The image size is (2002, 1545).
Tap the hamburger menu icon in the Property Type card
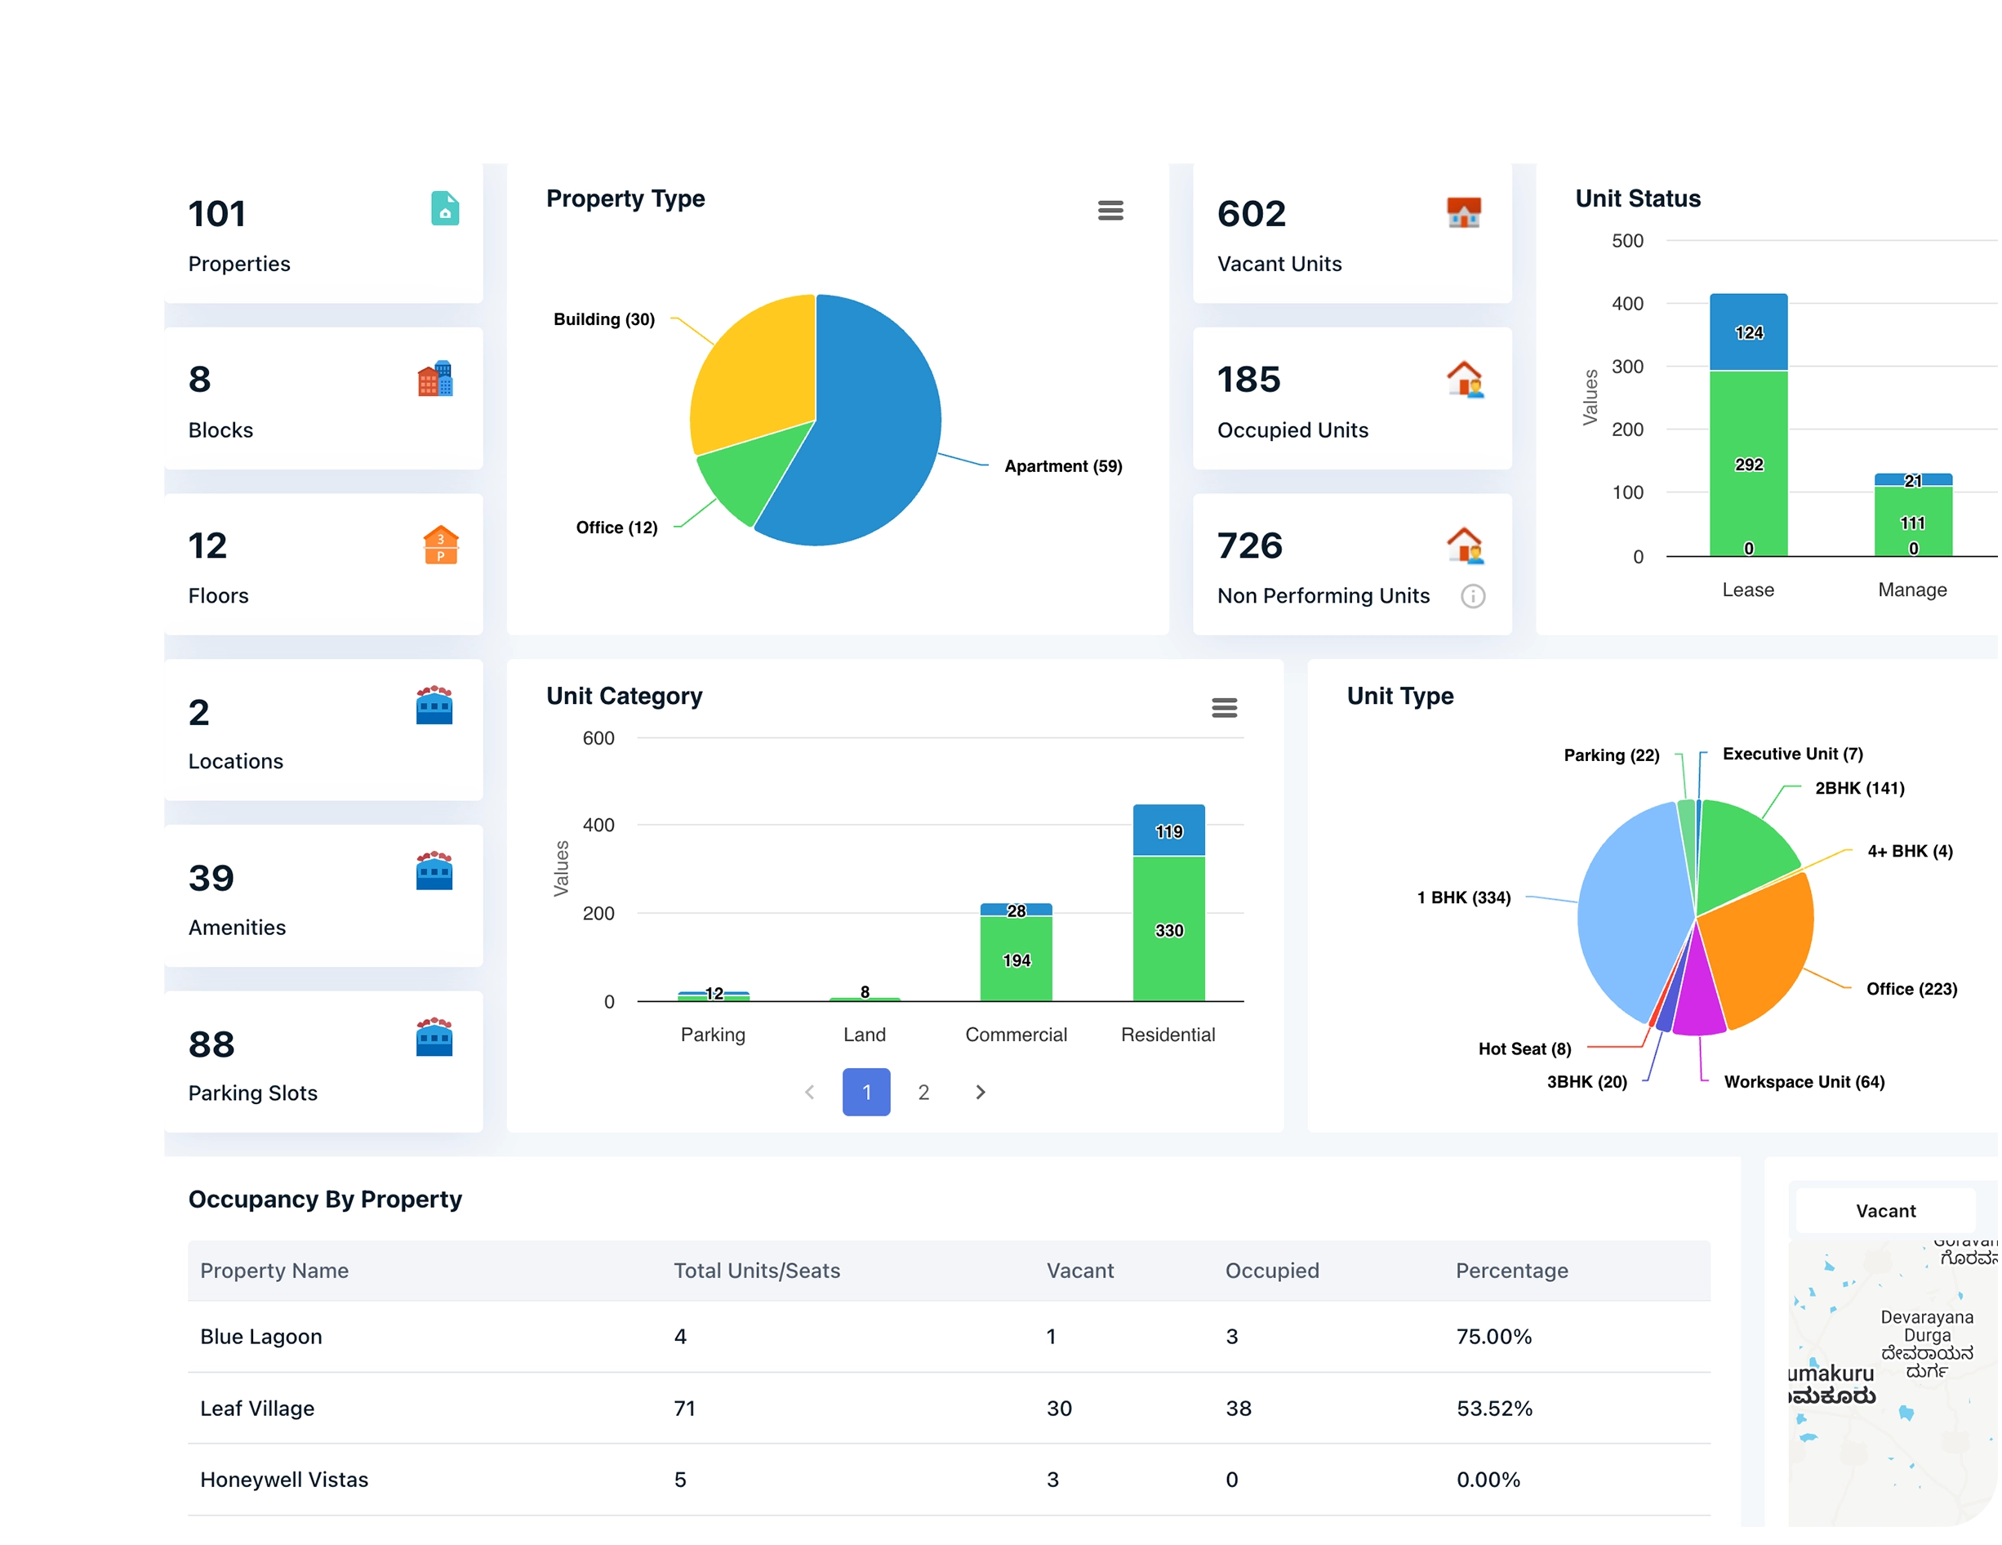pos(1110,211)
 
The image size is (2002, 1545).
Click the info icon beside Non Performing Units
pos(1472,596)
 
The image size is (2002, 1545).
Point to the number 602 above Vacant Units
pos(1251,214)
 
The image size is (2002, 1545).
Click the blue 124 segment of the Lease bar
pos(1748,332)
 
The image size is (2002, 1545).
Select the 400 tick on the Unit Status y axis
pos(1627,304)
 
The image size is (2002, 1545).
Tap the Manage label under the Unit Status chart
pos(1911,590)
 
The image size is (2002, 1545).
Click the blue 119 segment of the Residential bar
pos(1168,830)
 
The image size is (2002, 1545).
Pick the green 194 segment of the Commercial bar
pos(1016,959)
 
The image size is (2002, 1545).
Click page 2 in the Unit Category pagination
pos(923,1092)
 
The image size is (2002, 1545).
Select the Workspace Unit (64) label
pos(1803,1082)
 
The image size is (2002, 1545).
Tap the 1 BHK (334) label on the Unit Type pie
pos(1463,897)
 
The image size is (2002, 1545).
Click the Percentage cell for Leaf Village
pos(1494,1409)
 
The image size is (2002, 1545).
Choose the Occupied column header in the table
pos(1271,1271)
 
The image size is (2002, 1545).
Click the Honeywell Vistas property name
pos(284,1480)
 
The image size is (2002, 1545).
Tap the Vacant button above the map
pos(1884,1211)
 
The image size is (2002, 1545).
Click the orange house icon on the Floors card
pos(441,545)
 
